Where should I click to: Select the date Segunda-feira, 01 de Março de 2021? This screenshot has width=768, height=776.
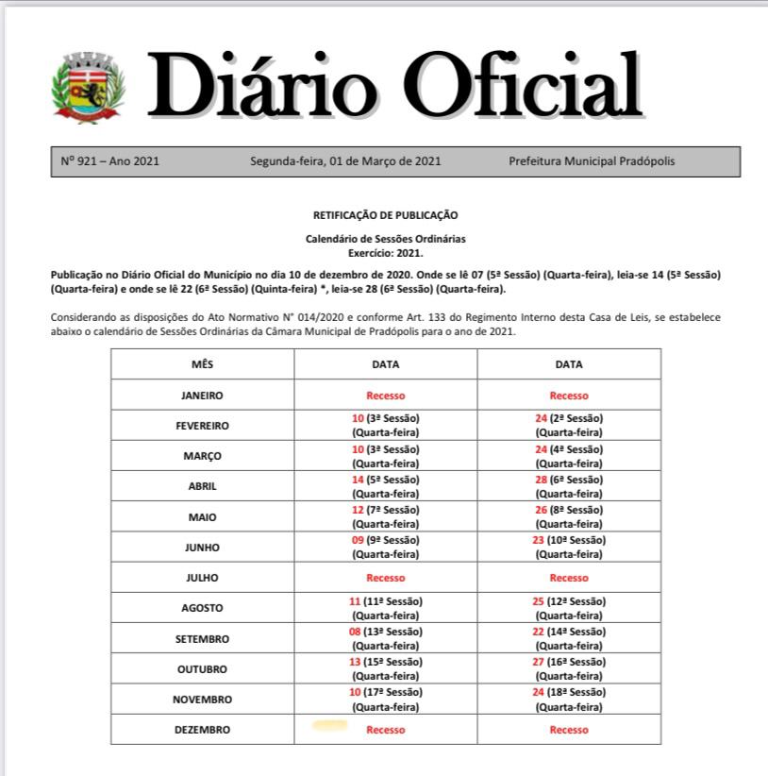[x=345, y=161]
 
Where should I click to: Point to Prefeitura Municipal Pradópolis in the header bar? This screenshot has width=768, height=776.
[x=592, y=161]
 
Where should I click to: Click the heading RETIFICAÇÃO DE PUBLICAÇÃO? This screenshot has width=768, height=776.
[x=385, y=215]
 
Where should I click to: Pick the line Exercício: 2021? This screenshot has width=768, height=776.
[x=385, y=252]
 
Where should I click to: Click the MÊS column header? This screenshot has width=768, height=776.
[x=202, y=364]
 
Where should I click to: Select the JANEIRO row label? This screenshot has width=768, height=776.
[x=202, y=396]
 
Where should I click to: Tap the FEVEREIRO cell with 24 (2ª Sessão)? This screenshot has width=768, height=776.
[x=568, y=425]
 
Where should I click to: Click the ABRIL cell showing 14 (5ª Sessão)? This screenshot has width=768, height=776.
[x=385, y=486]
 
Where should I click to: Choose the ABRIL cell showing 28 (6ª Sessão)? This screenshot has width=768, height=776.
[x=568, y=486]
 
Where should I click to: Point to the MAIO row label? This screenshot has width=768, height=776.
[x=202, y=516]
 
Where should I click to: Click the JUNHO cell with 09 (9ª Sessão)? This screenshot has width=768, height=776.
[x=385, y=547]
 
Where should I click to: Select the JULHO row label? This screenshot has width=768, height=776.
[x=202, y=577]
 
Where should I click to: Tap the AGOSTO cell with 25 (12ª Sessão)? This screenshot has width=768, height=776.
[x=568, y=608]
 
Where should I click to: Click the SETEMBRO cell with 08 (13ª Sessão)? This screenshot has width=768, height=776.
[x=385, y=638]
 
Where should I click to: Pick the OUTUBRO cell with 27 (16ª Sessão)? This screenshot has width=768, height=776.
[x=568, y=668]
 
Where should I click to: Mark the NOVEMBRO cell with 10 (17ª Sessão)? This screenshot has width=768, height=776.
[x=385, y=699]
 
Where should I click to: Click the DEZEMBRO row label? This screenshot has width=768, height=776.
[x=202, y=730]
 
